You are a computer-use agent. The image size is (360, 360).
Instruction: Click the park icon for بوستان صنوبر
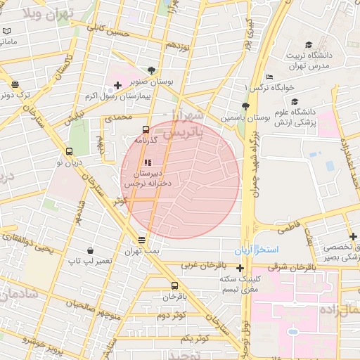click(x=151, y=70)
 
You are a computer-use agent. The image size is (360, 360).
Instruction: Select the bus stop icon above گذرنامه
click(x=146, y=129)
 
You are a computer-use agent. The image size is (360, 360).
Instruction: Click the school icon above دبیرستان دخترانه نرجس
click(x=147, y=162)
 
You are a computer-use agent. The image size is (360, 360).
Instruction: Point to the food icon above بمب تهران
click(x=143, y=240)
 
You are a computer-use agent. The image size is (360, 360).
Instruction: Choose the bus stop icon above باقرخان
click(x=174, y=285)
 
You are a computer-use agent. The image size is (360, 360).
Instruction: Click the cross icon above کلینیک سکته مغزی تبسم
click(x=240, y=268)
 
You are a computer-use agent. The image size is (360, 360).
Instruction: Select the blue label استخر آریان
click(x=257, y=250)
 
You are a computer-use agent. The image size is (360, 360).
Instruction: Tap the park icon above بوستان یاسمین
click(x=245, y=105)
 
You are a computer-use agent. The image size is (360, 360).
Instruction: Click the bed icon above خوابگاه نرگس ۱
click(x=269, y=77)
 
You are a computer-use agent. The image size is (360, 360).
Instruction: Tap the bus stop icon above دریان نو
click(x=69, y=151)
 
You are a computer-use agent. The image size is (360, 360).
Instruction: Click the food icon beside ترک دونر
click(x=15, y=85)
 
